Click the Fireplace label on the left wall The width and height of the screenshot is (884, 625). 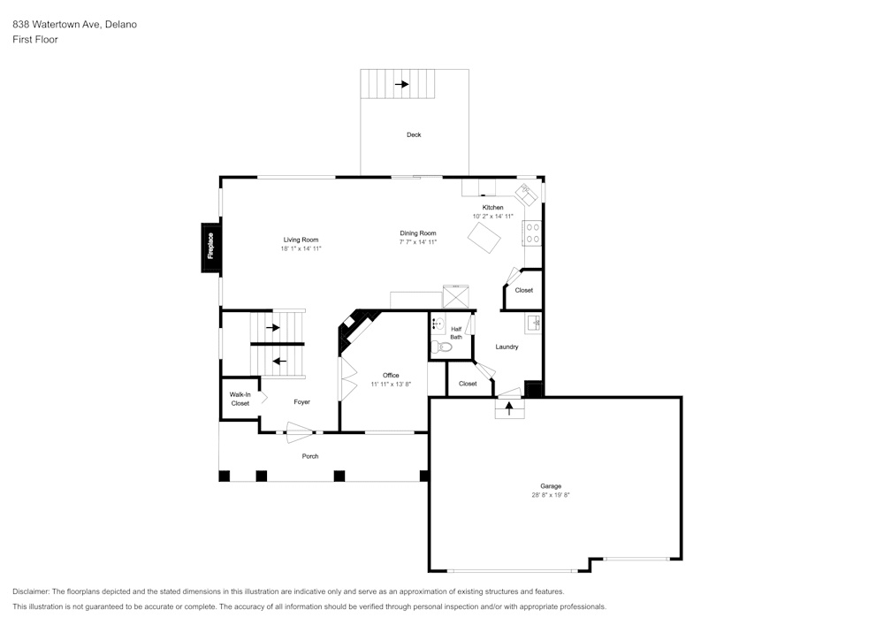[x=210, y=246]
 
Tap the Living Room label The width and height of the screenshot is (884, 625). [x=301, y=240]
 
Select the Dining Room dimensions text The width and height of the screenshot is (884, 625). [x=418, y=242]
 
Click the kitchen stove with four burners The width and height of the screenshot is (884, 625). [x=533, y=233]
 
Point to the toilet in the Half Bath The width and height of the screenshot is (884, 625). [x=441, y=347]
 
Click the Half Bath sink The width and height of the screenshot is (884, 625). [x=438, y=324]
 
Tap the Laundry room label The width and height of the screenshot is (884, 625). [x=507, y=347]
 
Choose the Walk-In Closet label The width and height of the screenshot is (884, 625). [x=240, y=399]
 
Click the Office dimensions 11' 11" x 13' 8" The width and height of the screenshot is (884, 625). [x=391, y=385]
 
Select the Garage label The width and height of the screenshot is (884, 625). [x=551, y=486]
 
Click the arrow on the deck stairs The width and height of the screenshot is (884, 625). [x=402, y=85]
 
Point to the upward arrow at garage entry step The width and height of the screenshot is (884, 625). [x=509, y=408]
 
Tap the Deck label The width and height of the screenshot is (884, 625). [x=414, y=134]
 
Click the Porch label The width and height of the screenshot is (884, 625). [x=310, y=456]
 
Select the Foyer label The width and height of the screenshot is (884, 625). [x=301, y=402]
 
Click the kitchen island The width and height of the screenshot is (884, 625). [x=484, y=237]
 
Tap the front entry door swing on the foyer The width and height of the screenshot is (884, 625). [x=300, y=432]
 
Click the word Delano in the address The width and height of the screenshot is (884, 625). [x=121, y=24]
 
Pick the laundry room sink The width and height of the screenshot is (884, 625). [x=533, y=323]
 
